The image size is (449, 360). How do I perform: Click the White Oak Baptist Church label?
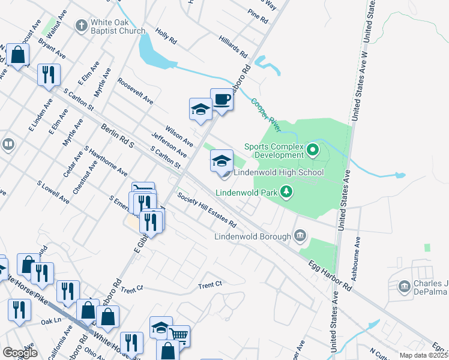118,27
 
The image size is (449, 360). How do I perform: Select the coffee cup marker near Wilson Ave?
221,100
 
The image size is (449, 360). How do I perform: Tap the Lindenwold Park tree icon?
288,191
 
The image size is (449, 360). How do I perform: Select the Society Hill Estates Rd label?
206,209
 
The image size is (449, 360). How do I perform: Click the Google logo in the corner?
20,353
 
